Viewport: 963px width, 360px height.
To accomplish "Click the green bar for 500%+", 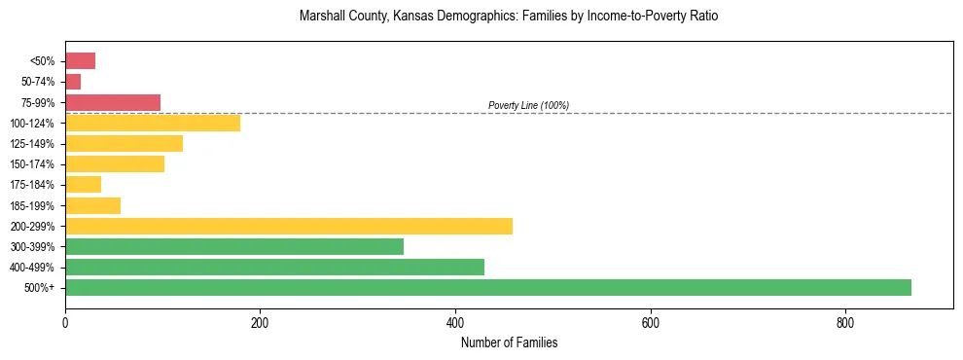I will (487, 287).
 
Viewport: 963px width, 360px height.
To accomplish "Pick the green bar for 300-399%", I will (233, 246).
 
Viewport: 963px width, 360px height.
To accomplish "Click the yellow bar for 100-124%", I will (152, 123).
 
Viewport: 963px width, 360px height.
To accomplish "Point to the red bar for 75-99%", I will (112, 102).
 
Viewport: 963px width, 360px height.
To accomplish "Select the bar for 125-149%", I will (124, 144).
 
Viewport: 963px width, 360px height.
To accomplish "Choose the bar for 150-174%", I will (114, 164).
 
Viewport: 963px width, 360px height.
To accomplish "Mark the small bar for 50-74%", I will (73, 82).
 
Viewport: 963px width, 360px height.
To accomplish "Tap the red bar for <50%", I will (80, 61).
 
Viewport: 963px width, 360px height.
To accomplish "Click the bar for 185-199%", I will (92, 205).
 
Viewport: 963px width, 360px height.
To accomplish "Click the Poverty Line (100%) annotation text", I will (528, 105).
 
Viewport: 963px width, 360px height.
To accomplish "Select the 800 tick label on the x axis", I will (845, 322).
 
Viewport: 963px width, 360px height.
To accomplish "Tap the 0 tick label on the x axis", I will (65, 322).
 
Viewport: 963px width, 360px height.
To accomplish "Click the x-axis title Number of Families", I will (509, 342).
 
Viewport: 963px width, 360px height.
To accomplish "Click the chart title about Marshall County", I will (509, 17).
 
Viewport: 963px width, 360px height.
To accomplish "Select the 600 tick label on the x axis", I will (650, 322).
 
